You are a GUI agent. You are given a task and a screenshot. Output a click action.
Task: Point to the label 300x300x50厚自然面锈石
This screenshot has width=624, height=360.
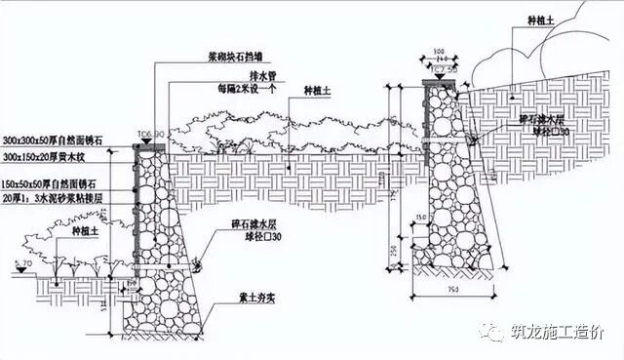[55, 142]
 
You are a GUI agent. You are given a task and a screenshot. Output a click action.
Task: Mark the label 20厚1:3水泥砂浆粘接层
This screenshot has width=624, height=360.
[55, 198]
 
